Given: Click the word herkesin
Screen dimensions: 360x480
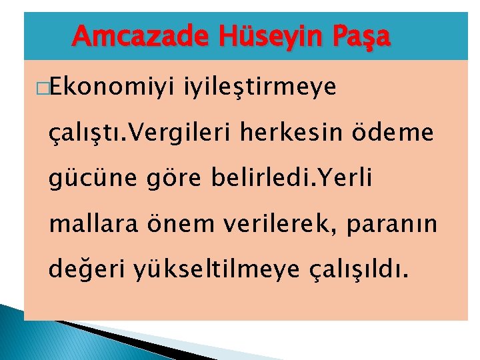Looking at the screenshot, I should [x=310, y=134].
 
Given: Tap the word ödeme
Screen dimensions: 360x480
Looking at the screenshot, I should [x=402, y=134].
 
